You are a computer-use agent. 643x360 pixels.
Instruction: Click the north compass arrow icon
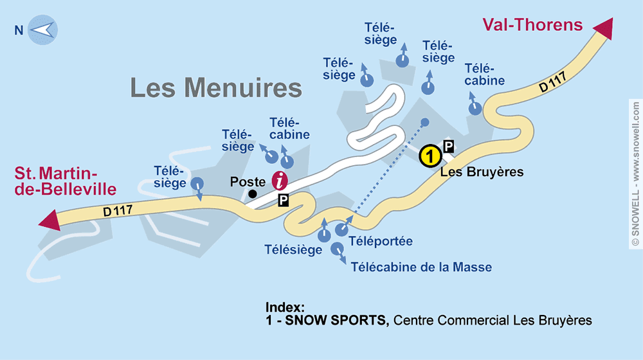click(43, 30)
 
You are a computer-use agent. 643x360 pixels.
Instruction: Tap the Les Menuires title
click(216, 87)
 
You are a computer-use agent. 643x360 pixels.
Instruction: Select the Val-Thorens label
click(532, 25)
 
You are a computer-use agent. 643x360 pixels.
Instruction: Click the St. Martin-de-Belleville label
click(66, 181)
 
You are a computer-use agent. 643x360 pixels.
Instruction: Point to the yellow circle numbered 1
click(430, 156)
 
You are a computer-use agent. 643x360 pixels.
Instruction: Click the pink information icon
click(280, 181)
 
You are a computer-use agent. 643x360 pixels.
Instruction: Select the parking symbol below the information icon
click(283, 201)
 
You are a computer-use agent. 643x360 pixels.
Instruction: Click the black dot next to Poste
click(253, 194)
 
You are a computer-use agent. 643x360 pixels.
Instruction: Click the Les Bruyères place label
click(482, 172)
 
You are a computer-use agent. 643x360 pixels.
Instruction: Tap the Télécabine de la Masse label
click(421, 267)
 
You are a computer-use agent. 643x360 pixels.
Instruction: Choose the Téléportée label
click(380, 242)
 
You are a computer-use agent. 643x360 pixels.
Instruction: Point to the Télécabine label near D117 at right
click(484, 75)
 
